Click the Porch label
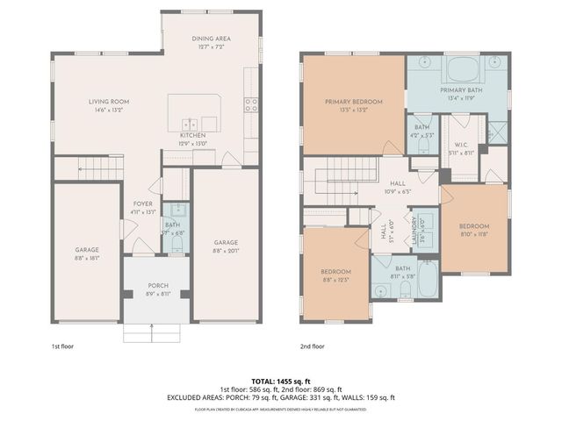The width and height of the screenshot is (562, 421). click(x=158, y=285)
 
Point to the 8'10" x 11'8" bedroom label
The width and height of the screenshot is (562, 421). click(x=473, y=226)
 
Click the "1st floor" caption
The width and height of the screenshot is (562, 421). click(x=61, y=346)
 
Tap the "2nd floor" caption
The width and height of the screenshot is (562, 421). click(x=312, y=346)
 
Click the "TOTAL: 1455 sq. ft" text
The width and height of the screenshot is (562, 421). click(x=281, y=382)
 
